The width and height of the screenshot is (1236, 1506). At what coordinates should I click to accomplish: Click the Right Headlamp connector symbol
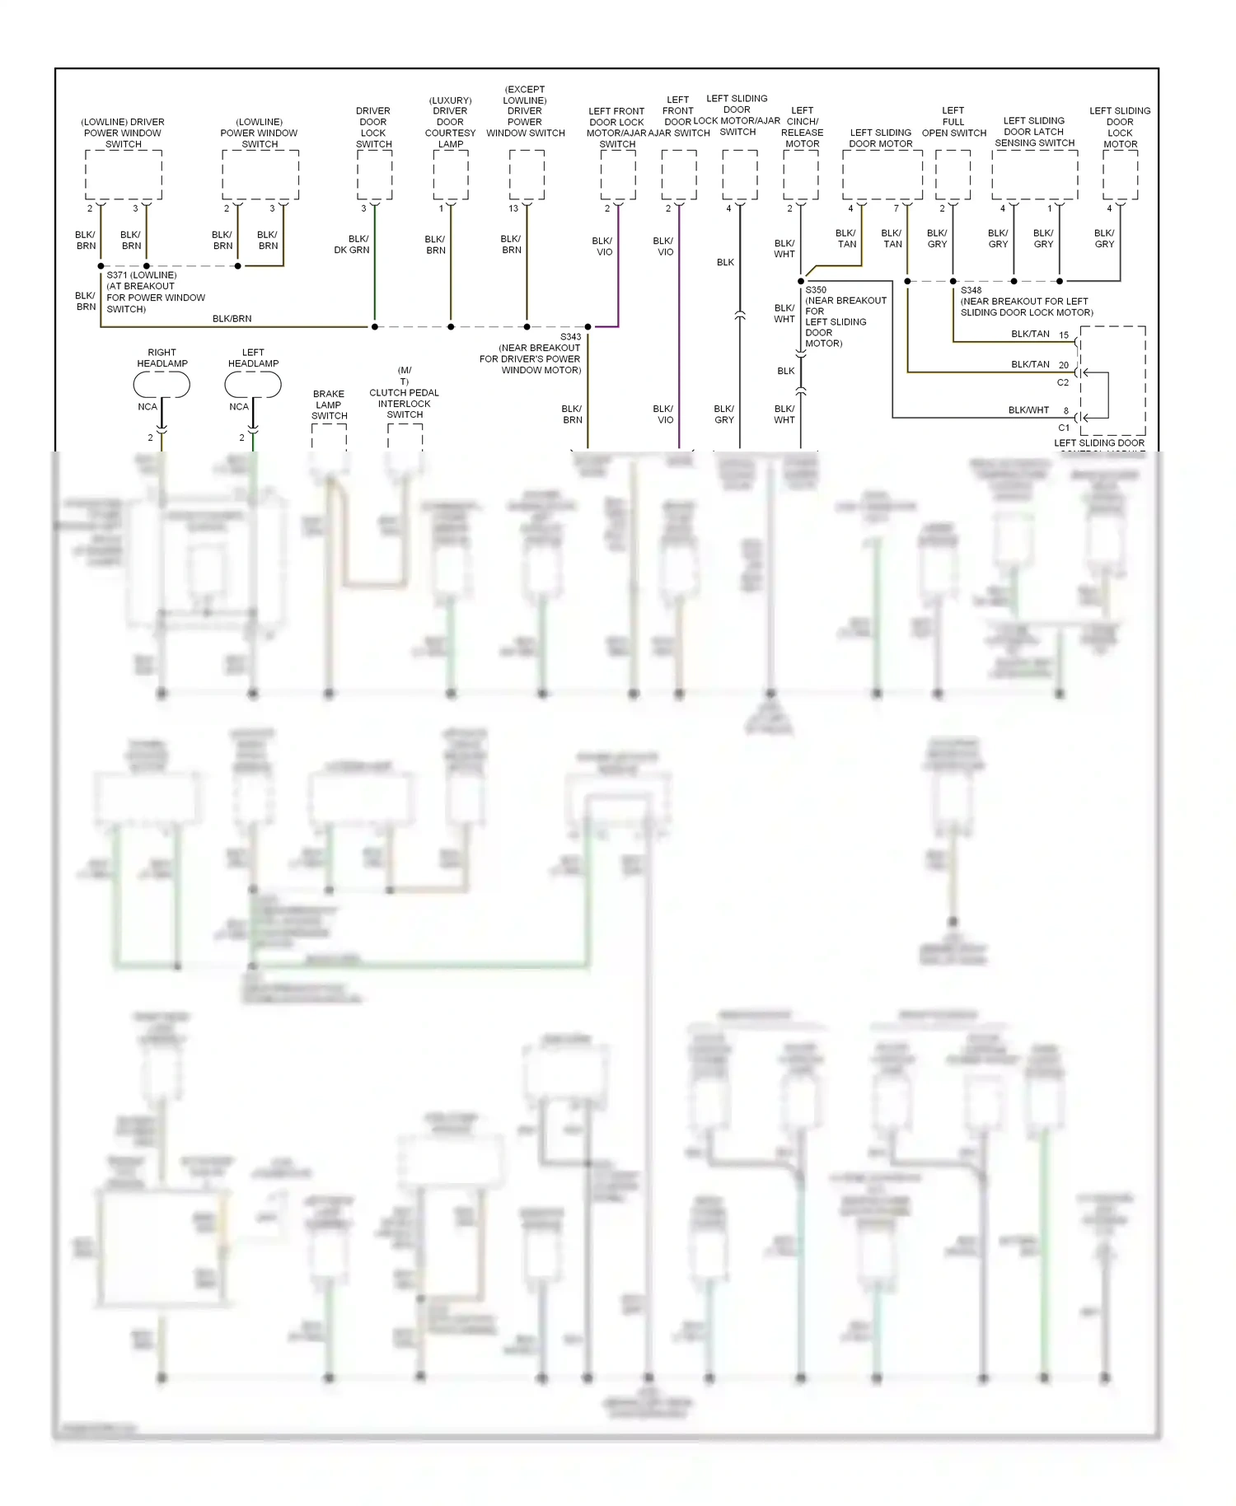point(162,384)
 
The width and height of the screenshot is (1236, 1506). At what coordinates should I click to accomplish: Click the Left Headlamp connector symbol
point(253,384)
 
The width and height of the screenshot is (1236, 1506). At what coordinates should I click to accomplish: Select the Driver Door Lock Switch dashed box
point(374,174)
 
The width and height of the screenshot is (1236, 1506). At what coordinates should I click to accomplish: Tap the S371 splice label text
point(141,275)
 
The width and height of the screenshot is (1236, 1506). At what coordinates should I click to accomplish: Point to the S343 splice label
point(570,337)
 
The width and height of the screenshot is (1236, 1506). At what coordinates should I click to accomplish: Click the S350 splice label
point(816,290)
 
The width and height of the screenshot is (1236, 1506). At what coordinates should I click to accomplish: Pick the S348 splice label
point(971,290)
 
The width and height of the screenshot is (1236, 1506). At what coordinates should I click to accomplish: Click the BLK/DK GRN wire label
point(352,244)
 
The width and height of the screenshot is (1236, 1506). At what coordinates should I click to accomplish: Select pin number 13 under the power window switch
point(513,208)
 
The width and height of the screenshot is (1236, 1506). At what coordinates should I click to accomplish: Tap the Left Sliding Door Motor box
point(882,174)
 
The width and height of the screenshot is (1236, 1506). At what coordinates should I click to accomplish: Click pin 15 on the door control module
point(1064,335)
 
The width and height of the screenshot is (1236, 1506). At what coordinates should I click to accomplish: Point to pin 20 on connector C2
point(1064,365)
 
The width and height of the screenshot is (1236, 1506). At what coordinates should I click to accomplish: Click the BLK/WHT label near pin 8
point(1028,410)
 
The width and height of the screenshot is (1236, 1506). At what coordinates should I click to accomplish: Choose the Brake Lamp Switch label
point(329,405)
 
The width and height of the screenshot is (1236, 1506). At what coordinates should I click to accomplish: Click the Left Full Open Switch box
point(953,174)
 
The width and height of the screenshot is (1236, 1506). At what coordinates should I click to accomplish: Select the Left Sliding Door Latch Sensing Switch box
point(1034,174)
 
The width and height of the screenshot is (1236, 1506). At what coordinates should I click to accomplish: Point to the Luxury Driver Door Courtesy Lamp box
point(451,174)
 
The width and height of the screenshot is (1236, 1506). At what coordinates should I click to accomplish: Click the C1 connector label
point(1064,428)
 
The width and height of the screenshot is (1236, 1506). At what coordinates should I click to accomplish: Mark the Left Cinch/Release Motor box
point(800,174)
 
